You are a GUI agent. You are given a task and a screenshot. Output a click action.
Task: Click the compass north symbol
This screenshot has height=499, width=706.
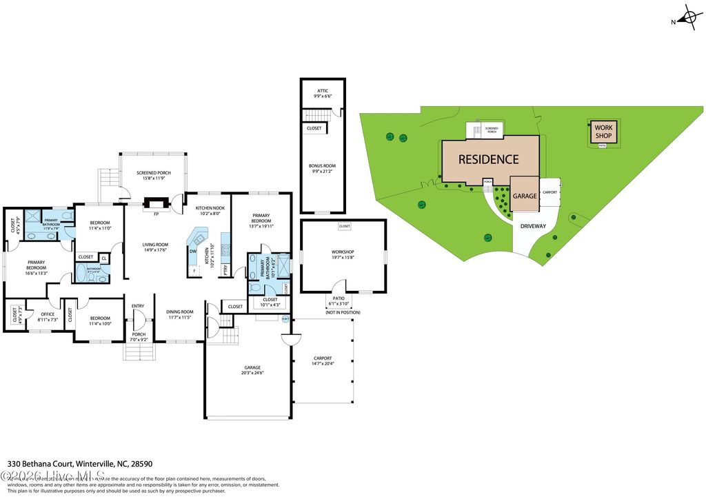point(690,19)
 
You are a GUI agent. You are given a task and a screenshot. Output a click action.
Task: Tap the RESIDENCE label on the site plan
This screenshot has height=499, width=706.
point(489,159)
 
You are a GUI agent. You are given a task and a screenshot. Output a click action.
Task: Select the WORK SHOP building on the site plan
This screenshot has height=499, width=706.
point(603,132)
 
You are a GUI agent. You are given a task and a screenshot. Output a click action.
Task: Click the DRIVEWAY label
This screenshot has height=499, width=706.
point(533,225)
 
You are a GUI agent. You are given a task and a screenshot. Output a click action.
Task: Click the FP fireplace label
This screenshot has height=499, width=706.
point(156,214)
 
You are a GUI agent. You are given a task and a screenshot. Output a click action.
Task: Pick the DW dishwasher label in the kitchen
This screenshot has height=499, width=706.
point(192,251)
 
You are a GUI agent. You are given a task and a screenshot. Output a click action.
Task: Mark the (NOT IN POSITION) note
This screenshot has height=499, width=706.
point(343,312)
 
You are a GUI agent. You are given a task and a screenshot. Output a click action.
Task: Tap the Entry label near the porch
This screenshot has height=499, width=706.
point(138,306)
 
